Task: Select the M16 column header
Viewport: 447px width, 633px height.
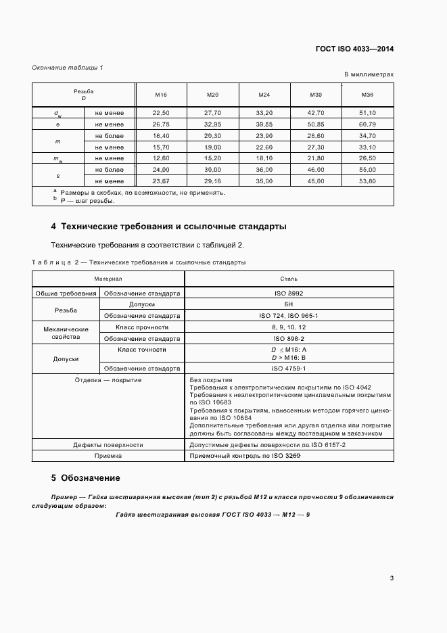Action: click(161, 95)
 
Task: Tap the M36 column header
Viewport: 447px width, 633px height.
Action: click(368, 95)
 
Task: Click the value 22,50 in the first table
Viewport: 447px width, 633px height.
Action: click(161, 112)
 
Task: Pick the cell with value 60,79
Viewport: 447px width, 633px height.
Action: click(368, 124)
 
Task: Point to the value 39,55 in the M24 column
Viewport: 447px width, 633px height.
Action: click(264, 124)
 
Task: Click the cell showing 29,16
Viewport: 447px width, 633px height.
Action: click(213, 181)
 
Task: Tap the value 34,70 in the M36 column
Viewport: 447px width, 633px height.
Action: click(368, 136)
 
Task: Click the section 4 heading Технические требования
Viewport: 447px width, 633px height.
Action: click(168, 227)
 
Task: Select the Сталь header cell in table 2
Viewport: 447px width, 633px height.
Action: click(289, 278)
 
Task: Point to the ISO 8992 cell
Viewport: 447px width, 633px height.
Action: click(289, 294)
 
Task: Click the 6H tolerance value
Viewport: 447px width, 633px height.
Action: click(289, 305)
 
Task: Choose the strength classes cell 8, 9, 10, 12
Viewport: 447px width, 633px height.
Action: click(289, 327)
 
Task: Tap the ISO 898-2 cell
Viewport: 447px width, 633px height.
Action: click(289, 338)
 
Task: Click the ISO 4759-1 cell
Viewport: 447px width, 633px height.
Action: click(289, 368)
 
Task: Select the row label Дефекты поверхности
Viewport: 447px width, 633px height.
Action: click(108, 445)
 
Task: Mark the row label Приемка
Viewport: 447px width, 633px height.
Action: click(108, 456)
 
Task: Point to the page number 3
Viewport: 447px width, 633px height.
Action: click(392, 578)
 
